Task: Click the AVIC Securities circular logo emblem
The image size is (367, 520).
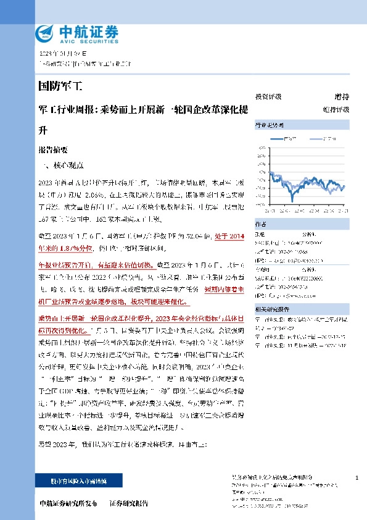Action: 46,31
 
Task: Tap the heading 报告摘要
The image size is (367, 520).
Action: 52,149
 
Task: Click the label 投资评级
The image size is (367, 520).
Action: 268,97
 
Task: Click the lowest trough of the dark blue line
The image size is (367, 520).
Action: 292,201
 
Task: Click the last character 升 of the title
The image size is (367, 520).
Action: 43,131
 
